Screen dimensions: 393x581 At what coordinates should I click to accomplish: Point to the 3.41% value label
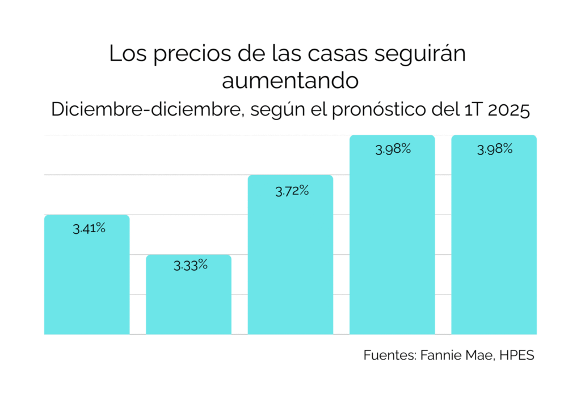click(x=89, y=229)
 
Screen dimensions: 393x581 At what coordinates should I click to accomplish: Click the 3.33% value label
click(x=191, y=265)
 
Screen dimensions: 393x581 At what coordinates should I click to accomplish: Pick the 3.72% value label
click(x=292, y=191)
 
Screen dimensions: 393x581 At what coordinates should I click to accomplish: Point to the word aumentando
click(x=290, y=81)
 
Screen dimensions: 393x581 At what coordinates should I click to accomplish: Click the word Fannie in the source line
click(x=436, y=356)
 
